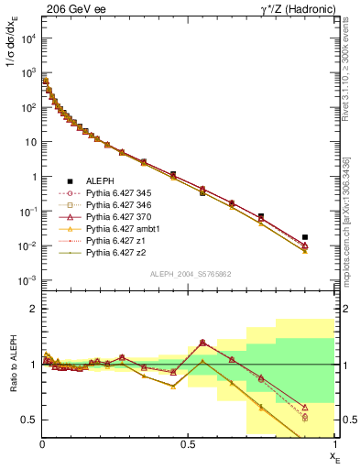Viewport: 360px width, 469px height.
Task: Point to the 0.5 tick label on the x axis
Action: pyautogui.click(x=189, y=442)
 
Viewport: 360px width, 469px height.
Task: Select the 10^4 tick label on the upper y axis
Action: pyautogui.click(x=27, y=38)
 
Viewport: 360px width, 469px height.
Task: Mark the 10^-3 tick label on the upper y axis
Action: pyautogui.click(x=27, y=280)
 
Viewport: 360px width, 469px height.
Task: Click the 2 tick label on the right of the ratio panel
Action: pyautogui.click(x=344, y=309)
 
